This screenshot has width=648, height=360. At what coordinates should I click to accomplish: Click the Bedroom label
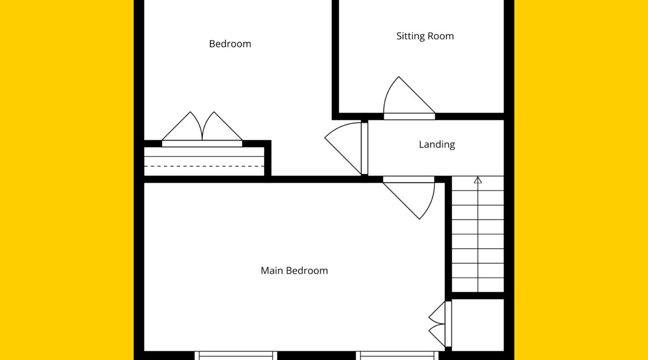pyautogui.click(x=230, y=44)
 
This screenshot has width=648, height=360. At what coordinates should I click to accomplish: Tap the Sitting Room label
pyautogui.click(x=425, y=37)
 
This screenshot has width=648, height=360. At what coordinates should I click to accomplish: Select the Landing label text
pyautogui.click(x=437, y=145)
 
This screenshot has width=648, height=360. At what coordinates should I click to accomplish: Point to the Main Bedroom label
pyautogui.click(x=294, y=271)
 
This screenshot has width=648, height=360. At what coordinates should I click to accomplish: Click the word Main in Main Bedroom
pyautogui.click(x=271, y=271)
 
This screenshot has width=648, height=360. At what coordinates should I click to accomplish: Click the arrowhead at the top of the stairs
pyautogui.click(x=478, y=180)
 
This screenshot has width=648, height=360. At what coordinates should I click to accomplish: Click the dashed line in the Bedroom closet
pyautogui.click(x=204, y=166)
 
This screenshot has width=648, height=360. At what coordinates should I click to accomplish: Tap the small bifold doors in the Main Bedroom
pyautogui.click(x=439, y=324)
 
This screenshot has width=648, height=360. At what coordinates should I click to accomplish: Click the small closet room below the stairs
pyautogui.click(x=478, y=325)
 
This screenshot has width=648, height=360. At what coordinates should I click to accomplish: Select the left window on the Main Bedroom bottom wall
pyautogui.click(x=235, y=355)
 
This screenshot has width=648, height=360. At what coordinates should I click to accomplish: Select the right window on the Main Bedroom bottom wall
pyautogui.click(x=397, y=355)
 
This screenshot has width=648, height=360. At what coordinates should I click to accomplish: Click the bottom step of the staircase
pyautogui.click(x=478, y=285)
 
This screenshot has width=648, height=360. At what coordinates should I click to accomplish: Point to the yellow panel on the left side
pyautogui.click(x=66, y=180)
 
